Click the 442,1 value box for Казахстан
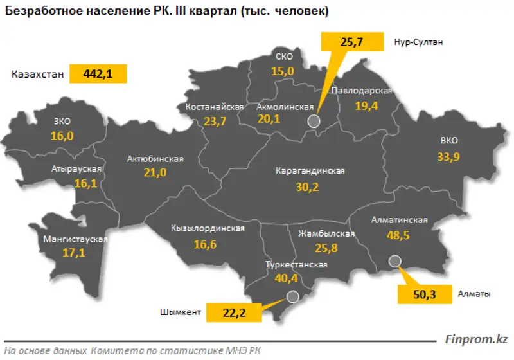click(98, 74)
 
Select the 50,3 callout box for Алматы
click(422, 294)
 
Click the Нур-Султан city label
click(419, 42)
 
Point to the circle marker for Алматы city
click(395, 260)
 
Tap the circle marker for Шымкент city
click(293, 296)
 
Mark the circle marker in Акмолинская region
click(314, 121)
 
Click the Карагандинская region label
click(310, 172)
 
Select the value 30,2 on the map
click(306, 187)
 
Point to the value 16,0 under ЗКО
click(62, 136)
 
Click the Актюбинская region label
click(155, 158)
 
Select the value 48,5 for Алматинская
click(400, 235)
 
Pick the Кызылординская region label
click(208, 229)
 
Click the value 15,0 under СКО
click(282, 71)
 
